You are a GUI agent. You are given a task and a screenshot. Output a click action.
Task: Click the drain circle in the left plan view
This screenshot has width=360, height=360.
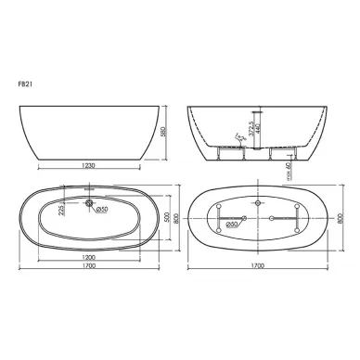pos(88,202)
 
